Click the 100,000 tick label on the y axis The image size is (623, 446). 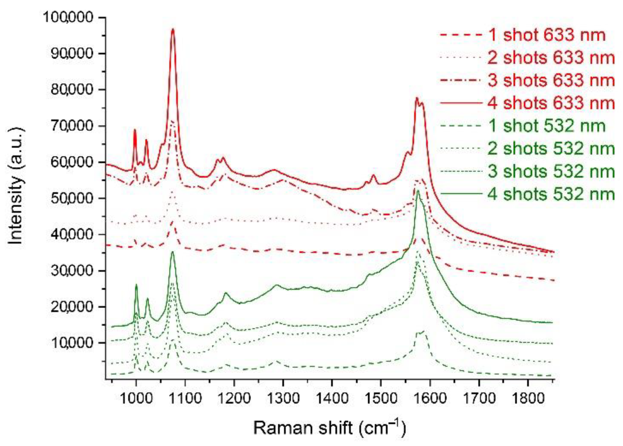68,17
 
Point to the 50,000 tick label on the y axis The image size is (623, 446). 72,198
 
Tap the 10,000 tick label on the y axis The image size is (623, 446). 72,343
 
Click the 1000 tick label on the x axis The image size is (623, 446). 136,399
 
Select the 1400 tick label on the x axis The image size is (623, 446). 332,399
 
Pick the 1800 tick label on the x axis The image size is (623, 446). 527,399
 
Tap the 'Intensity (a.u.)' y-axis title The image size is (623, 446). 16,185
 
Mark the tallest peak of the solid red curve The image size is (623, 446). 172,30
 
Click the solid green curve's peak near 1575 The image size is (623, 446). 418,190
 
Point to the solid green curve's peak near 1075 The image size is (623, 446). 172,252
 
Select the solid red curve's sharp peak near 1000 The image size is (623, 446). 135,130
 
